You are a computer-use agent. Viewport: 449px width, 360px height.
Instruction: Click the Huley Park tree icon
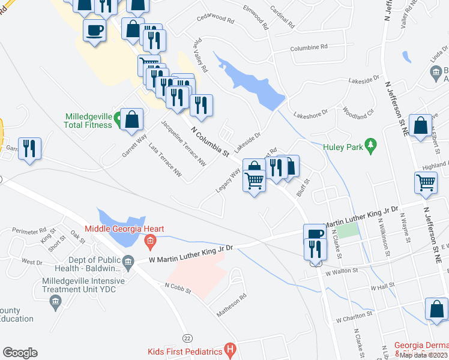coord(372,144)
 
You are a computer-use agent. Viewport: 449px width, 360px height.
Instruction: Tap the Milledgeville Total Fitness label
coord(89,121)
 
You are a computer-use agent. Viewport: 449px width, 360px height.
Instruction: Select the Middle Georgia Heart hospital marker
coord(150,243)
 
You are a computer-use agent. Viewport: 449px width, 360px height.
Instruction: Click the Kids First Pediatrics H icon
coord(229,349)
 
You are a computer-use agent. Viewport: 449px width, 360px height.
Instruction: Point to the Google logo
coord(20,353)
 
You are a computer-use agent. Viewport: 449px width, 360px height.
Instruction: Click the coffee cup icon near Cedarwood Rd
coord(95,29)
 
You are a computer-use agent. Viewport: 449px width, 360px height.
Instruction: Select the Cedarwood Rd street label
coord(215,18)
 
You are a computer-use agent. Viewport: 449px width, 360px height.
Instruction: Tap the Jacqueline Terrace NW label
coord(182,143)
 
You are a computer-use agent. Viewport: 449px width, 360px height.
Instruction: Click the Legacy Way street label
coord(228,181)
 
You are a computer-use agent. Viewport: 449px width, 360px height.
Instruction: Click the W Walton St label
coord(342,271)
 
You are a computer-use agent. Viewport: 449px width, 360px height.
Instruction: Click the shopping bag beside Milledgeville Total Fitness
coord(131,119)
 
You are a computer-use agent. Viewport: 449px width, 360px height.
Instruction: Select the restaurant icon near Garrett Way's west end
coord(29,149)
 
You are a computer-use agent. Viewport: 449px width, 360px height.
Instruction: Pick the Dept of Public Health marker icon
coord(128,262)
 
